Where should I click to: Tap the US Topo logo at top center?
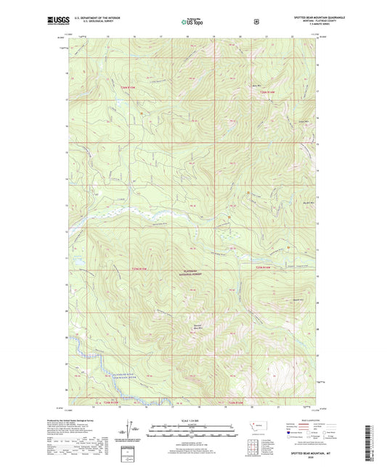click(192, 22)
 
